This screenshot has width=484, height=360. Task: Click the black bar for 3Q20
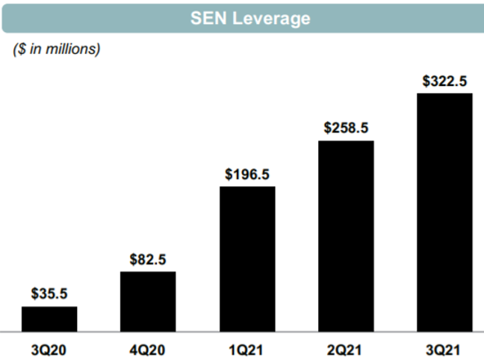(x=49, y=318)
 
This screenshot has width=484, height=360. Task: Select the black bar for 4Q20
(x=148, y=300)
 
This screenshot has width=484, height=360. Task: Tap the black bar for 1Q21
(x=247, y=258)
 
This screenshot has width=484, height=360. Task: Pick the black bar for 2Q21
(x=346, y=235)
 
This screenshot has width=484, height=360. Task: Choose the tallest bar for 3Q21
(x=444, y=211)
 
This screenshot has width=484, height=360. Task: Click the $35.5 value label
(x=49, y=294)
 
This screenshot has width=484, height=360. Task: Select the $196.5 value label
(x=247, y=174)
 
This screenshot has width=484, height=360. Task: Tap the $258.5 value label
(x=346, y=128)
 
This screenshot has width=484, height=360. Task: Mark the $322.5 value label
(x=444, y=81)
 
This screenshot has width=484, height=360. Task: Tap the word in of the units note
(x=34, y=49)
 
